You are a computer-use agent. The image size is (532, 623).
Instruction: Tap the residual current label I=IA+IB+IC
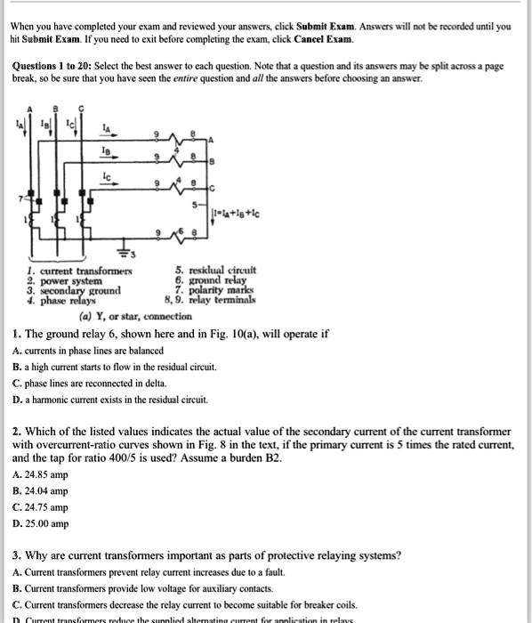[236, 214]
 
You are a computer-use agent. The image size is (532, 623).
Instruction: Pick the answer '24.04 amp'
[40, 490]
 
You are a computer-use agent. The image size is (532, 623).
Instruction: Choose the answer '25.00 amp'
[40, 524]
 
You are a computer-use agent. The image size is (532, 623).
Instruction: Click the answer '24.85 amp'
[40, 473]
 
